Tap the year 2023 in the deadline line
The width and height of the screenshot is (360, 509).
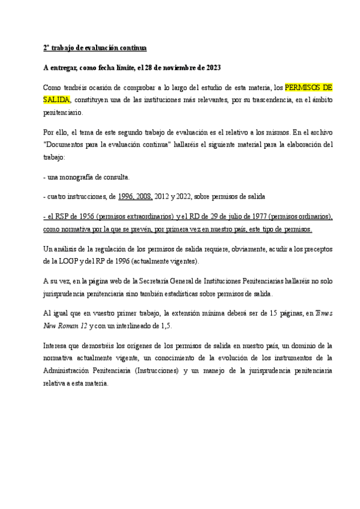(213, 67)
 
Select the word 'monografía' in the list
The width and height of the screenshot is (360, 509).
(76, 178)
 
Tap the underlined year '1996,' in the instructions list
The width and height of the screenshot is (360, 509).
(128, 196)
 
